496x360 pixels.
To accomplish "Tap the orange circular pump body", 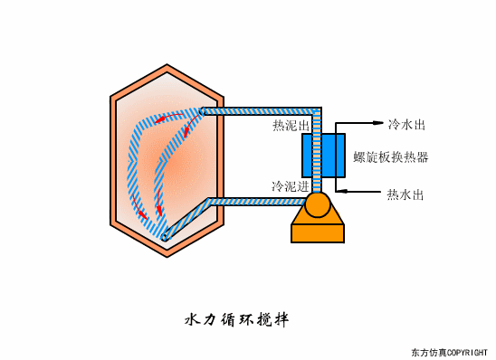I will click(318, 205).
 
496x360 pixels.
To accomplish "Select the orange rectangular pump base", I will click(318, 232).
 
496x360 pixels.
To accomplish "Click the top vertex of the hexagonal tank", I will click(166, 67).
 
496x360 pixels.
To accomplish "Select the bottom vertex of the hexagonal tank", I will click(166, 248).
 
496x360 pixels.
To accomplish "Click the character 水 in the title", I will click(191, 320).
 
